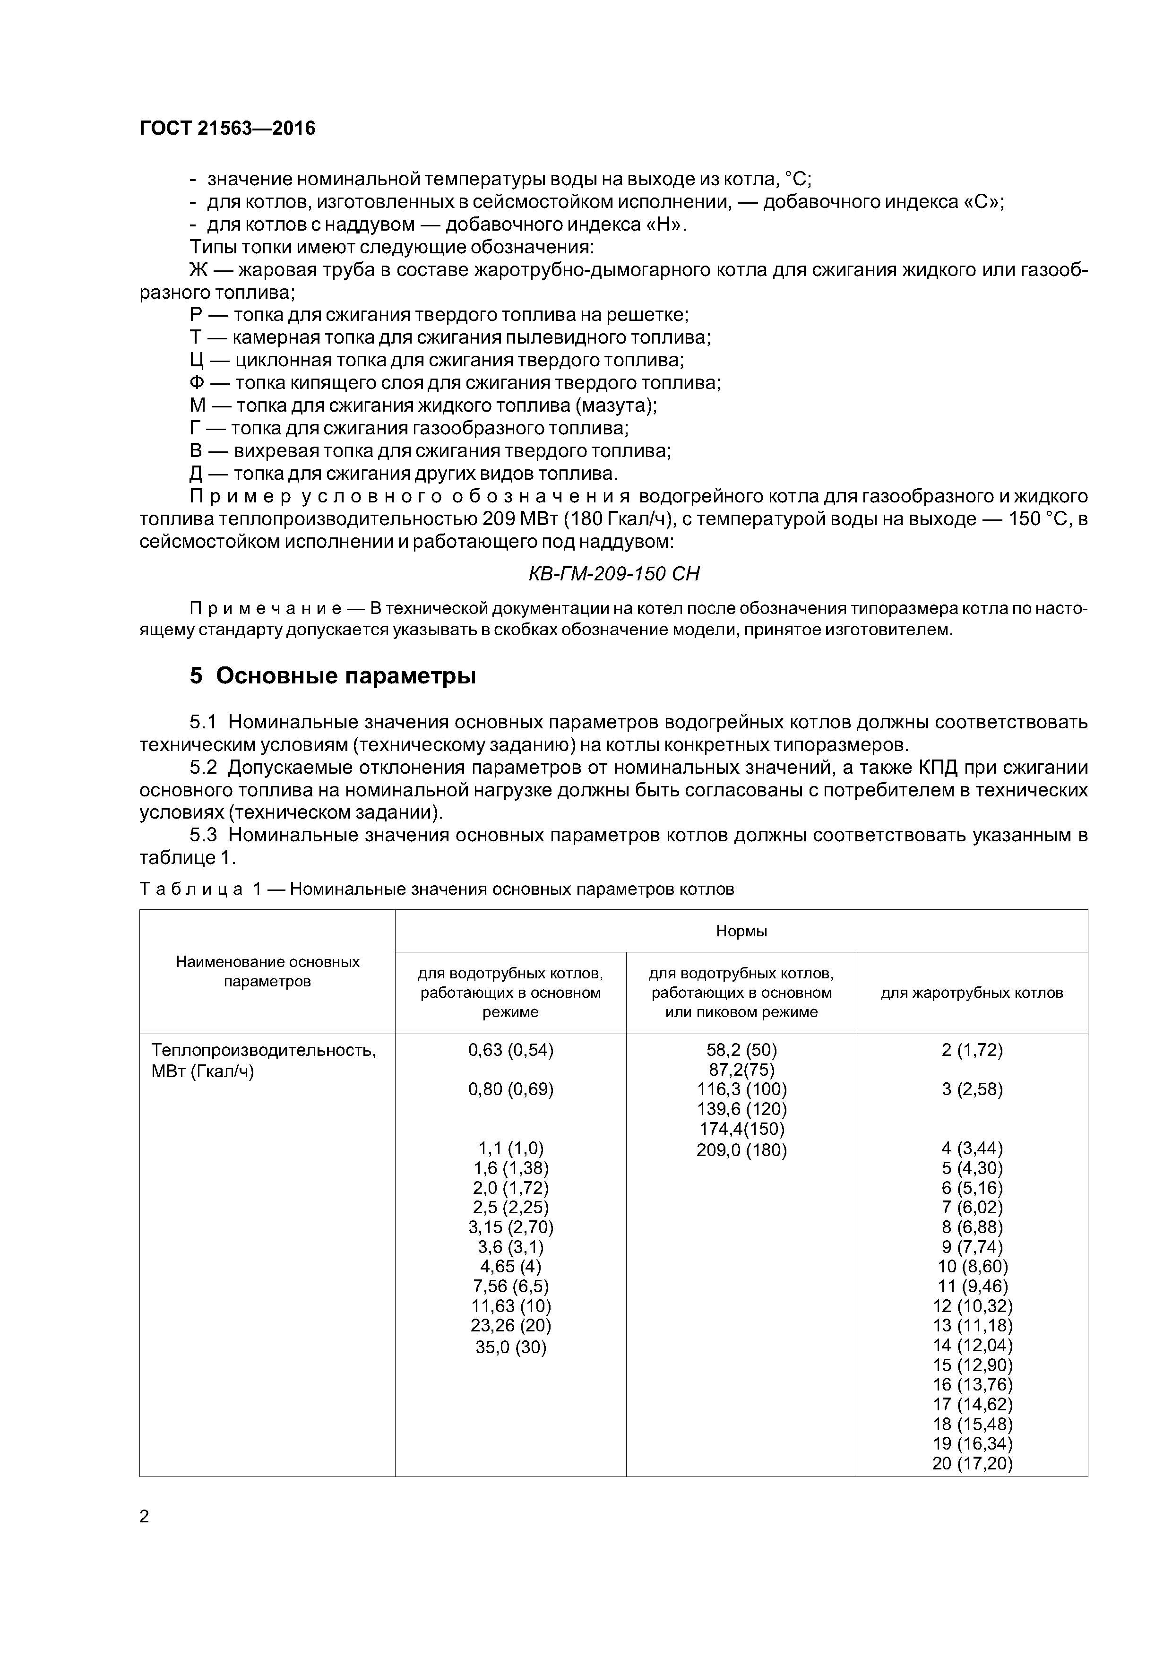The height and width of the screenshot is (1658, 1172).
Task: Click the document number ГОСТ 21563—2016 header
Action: coord(227,129)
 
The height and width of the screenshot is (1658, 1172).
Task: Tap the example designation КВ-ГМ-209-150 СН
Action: coord(614,574)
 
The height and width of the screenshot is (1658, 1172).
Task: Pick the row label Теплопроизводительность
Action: coord(264,1050)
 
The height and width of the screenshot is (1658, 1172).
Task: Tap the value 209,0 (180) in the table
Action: coord(741,1150)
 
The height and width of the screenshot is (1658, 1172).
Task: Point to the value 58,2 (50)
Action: coord(741,1050)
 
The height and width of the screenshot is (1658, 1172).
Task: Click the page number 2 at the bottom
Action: coord(145,1517)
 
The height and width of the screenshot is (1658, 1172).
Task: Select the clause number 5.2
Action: coord(204,768)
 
